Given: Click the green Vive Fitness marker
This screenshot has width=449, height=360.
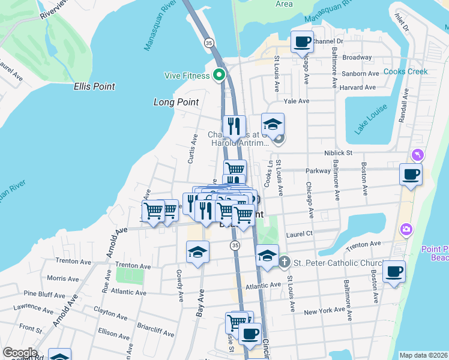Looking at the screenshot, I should [x=219, y=76].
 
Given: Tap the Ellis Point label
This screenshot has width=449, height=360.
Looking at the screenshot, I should [x=94, y=86].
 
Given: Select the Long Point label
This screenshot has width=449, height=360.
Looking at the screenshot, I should [x=176, y=103].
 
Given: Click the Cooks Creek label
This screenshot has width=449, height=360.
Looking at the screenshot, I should [x=405, y=71].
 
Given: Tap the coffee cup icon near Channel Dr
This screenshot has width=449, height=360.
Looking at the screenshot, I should [x=302, y=42].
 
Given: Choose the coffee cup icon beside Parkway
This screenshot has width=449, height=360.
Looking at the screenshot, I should [x=411, y=174].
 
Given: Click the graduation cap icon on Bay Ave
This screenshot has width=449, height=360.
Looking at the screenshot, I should [x=197, y=252].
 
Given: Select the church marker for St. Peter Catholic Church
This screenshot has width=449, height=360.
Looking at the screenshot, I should [x=284, y=263].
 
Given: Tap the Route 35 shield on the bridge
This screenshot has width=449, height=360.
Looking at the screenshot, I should [x=208, y=43].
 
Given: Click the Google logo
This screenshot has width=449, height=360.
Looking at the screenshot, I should [x=20, y=353].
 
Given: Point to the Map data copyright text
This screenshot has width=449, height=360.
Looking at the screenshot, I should [x=423, y=355].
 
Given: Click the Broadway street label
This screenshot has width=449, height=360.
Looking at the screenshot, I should [x=357, y=58].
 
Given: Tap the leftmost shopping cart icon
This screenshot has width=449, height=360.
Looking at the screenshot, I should [x=153, y=211].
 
